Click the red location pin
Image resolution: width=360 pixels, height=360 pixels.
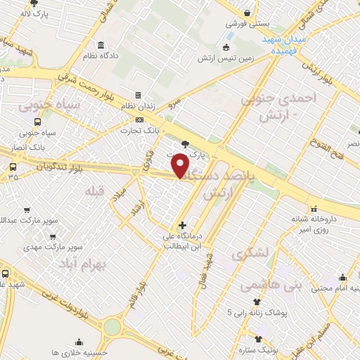tap(181, 165)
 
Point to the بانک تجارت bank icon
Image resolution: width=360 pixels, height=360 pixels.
tap(140, 120)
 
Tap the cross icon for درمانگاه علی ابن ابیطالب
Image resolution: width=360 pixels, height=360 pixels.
tap(182, 226)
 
